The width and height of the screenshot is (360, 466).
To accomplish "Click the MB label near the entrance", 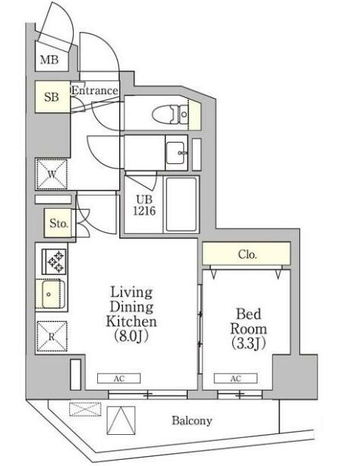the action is (49, 60).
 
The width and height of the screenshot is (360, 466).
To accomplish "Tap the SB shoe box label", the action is (52, 97).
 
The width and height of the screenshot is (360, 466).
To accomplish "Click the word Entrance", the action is (95, 90).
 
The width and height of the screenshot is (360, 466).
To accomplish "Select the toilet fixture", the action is (170, 114).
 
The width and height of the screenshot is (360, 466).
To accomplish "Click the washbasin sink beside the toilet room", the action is (175, 153).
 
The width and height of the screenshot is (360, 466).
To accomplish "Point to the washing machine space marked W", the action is (52, 174).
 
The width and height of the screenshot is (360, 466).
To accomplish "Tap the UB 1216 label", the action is (144, 205).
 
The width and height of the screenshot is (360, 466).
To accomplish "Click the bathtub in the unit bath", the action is (182, 204).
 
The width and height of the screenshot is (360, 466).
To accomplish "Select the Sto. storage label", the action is (58, 223).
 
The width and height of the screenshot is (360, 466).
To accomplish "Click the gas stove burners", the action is (54, 262).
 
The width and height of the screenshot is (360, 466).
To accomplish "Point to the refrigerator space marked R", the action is (52, 337).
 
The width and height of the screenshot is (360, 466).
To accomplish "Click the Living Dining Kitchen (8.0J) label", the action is (131, 314).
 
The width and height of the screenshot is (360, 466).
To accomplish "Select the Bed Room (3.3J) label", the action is (248, 329).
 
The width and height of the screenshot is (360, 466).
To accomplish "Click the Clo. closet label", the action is (248, 254).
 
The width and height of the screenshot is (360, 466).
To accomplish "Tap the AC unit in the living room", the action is (119, 378).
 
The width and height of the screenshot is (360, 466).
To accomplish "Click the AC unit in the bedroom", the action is (235, 378).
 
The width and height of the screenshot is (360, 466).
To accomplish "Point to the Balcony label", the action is (192, 420).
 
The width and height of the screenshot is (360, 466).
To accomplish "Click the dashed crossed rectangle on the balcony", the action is (85, 409).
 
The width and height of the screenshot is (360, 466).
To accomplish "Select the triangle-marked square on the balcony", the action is (121, 420).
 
